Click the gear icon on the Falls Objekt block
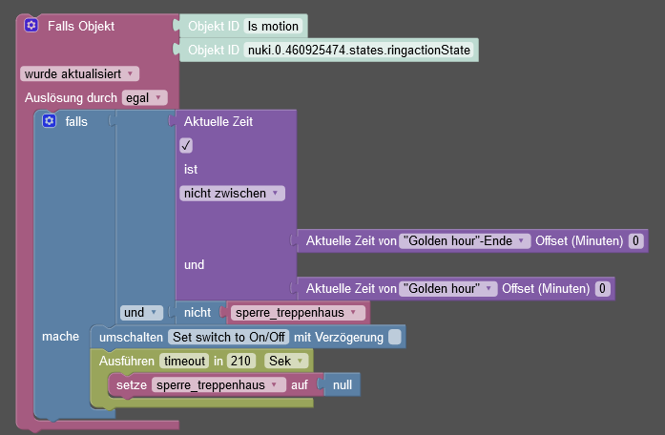[x=31, y=26]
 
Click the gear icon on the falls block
[x=50, y=121]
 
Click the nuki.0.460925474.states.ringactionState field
[x=358, y=51]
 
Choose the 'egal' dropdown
[x=144, y=97]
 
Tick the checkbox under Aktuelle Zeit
[x=186, y=145]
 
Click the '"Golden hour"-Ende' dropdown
[x=465, y=241]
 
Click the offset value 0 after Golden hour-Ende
[x=636, y=241]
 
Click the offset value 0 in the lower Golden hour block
[x=602, y=288]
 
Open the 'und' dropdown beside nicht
[x=141, y=312]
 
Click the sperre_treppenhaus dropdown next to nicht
[x=298, y=312]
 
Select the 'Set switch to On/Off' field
[x=228, y=337]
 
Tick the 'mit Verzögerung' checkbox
[x=395, y=337]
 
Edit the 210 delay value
[x=242, y=361]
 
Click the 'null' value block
[x=343, y=384]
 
